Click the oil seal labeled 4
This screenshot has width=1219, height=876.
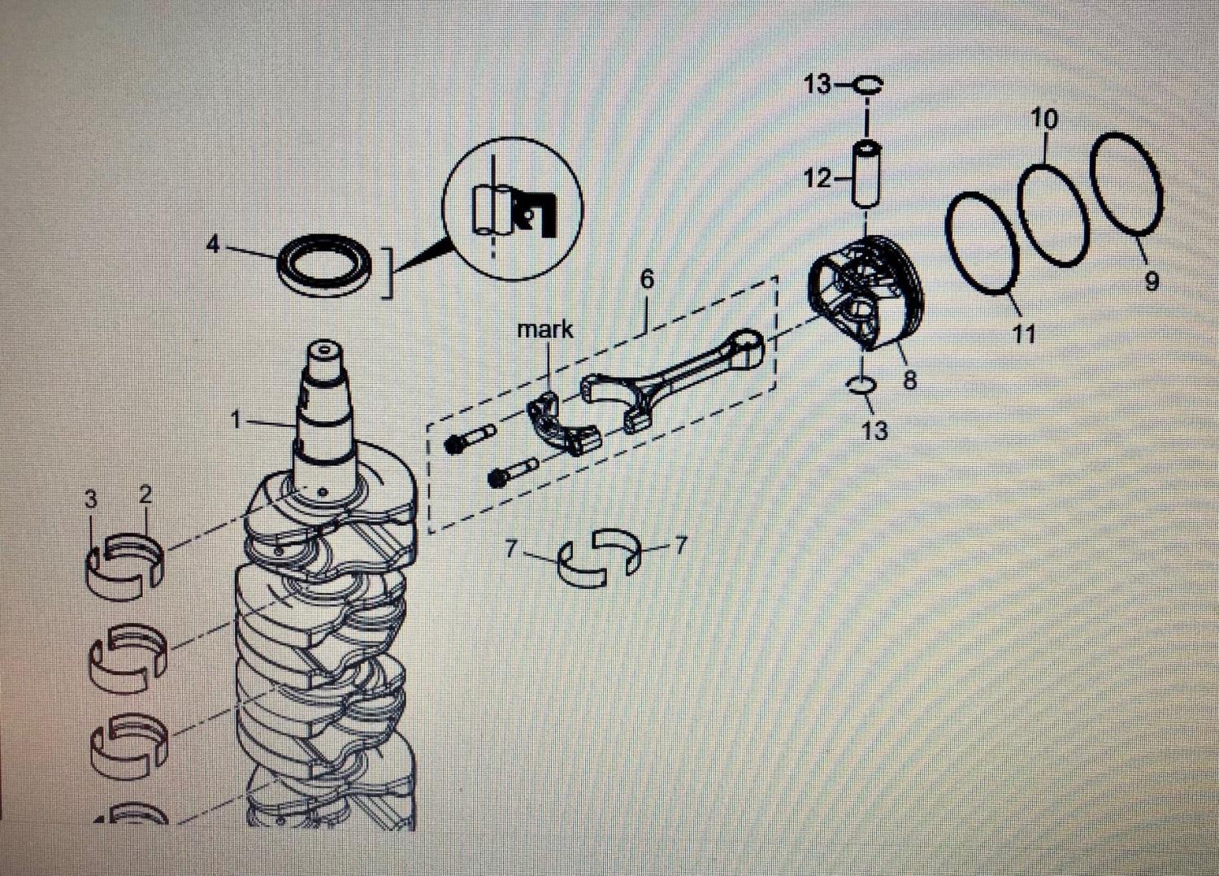[325, 265]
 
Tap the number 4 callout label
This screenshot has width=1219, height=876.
[213, 243]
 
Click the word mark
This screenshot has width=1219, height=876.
[544, 329]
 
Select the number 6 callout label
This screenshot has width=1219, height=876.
[647, 279]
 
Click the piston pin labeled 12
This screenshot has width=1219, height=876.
[867, 174]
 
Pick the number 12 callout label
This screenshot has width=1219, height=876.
[817, 178]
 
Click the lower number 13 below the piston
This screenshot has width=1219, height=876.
[874, 429]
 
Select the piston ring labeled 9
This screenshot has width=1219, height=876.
[1126, 183]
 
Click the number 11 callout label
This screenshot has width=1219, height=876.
[1023, 333]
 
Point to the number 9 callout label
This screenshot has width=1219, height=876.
[1151, 281]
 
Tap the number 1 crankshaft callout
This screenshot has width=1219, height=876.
[236, 420]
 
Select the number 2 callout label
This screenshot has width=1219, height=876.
[145, 495]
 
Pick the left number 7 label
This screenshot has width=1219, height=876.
[510, 549]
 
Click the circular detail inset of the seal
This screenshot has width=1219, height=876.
[513, 208]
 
